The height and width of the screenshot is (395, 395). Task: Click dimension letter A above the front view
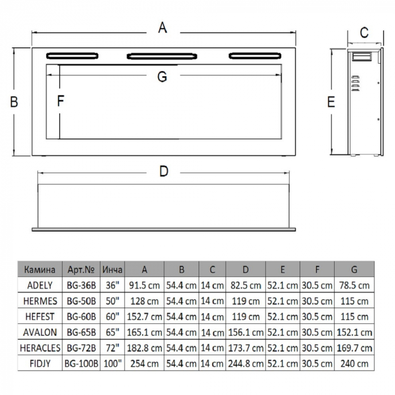(x=163, y=28)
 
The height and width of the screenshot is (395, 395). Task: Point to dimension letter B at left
(x=15, y=102)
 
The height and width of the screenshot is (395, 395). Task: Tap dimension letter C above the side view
(x=364, y=33)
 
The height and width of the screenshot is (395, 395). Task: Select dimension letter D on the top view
(x=163, y=172)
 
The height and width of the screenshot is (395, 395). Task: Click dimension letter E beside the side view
(x=331, y=102)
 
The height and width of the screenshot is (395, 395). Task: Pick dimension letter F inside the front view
(x=61, y=102)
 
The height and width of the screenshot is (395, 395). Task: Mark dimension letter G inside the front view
(x=163, y=77)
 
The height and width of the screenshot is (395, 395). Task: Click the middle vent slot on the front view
(x=163, y=56)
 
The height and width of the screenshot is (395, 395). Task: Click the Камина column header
(x=40, y=270)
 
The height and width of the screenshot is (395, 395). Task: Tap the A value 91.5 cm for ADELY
(x=144, y=286)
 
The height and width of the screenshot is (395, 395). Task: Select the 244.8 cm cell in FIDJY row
(x=245, y=363)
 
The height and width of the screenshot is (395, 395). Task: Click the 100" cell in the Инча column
(x=112, y=363)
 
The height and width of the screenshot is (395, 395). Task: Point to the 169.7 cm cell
(x=354, y=347)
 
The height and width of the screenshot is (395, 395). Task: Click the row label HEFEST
(x=40, y=316)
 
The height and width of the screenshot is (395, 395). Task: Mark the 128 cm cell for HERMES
(x=144, y=301)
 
